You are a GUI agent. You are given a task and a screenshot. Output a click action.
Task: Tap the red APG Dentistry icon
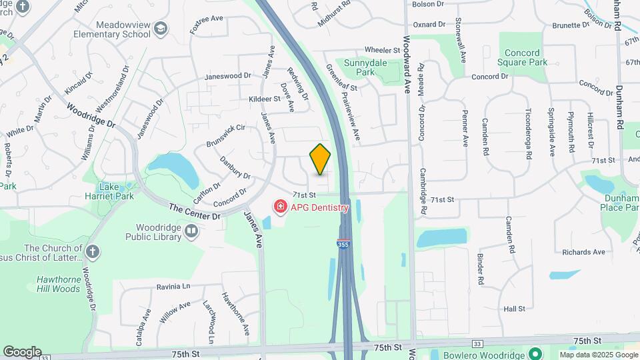(x=281, y=207)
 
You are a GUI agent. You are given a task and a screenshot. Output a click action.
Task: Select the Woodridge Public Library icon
(x=192, y=231)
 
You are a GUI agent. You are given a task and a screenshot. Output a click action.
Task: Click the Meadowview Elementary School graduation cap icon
(x=160, y=27)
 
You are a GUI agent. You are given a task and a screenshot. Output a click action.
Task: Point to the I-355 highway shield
(x=343, y=245)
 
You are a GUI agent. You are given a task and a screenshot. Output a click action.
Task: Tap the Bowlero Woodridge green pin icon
(x=533, y=353)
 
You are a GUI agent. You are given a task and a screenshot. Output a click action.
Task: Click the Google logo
(x=21, y=352)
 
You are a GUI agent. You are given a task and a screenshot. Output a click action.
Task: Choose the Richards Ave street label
(x=583, y=252)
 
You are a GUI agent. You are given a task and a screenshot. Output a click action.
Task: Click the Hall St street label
(x=515, y=309)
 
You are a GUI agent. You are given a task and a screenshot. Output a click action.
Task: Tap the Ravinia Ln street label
(x=173, y=287)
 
